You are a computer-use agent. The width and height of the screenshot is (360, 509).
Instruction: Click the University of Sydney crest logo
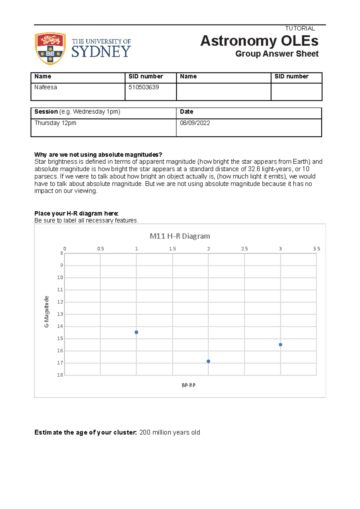(x=50, y=49)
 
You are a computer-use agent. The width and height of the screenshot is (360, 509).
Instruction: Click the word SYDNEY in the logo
(x=101, y=52)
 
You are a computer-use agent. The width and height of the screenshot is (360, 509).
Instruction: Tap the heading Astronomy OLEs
(x=259, y=41)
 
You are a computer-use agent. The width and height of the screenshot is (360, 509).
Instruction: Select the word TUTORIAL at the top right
(x=300, y=28)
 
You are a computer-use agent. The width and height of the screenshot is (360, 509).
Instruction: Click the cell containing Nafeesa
(x=46, y=87)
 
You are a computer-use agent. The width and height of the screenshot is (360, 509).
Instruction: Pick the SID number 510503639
(x=144, y=87)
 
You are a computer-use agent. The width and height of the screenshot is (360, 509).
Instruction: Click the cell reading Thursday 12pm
(x=55, y=123)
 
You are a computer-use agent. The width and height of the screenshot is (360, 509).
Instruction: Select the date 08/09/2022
(x=195, y=123)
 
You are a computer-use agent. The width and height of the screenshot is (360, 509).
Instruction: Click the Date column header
(x=186, y=112)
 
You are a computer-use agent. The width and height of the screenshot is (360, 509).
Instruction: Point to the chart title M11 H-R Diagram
(x=180, y=236)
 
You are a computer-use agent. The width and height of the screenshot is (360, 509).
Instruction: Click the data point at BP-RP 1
(x=136, y=332)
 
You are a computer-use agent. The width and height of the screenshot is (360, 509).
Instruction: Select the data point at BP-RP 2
(x=208, y=361)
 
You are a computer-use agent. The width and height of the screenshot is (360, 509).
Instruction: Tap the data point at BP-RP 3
(x=280, y=345)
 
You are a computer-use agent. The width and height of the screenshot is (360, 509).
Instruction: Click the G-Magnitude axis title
(x=46, y=312)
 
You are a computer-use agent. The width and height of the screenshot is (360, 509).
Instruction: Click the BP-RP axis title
(x=188, y=385)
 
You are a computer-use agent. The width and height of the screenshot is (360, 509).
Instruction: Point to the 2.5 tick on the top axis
(x=244, y=249)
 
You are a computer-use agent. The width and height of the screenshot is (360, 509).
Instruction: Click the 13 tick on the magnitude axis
(x=60, y=314)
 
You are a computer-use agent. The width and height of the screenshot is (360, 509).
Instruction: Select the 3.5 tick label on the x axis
(x=316, y=249)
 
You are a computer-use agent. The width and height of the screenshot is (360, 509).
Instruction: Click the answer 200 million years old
(x=169, y=432)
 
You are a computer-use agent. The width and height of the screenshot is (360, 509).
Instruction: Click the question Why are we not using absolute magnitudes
(x=98, y=155)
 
